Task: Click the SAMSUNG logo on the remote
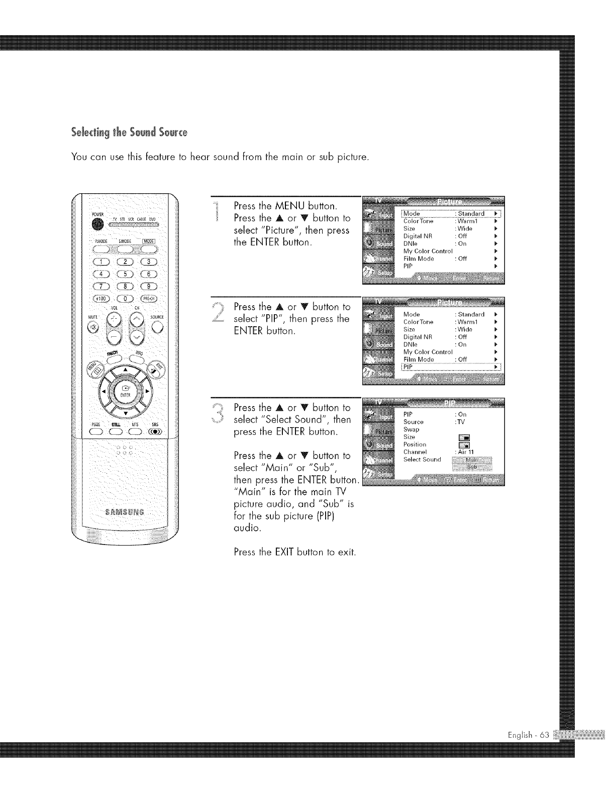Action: tap(125, 512)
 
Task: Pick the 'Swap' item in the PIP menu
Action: tap(411, 430)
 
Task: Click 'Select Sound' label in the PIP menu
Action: tap(422, 459)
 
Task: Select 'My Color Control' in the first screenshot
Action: tap(428, 251)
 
